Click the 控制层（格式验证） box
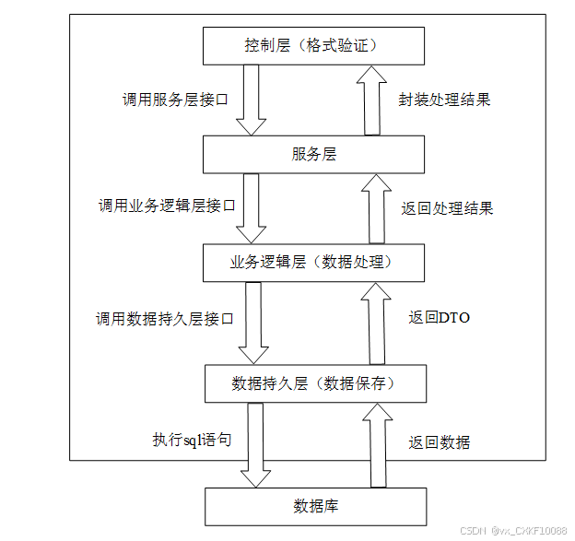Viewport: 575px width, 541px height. tap(314, 44)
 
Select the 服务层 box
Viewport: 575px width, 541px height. tap(314, 154)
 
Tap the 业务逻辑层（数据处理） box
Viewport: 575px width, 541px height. tap(314, 263)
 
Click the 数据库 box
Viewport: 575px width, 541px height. tap(314, 506)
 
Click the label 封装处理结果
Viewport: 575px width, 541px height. tap(444, 99)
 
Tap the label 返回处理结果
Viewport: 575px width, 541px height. tap(447, 207)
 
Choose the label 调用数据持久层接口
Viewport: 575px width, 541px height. tap(165, 319)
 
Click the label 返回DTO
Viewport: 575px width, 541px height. tap(440, 318)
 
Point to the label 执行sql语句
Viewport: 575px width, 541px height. tap(192, 440)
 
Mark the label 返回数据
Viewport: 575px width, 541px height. tap(440, 442)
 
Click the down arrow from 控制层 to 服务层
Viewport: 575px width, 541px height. tap(251, 100)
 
